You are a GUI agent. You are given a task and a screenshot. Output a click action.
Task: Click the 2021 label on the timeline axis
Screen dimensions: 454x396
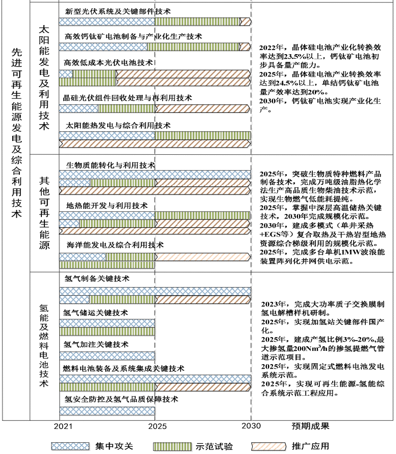point(63,425)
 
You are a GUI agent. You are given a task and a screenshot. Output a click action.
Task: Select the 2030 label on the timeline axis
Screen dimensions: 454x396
point(251,425)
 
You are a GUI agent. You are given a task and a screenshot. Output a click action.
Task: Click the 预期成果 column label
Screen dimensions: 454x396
point(310,425)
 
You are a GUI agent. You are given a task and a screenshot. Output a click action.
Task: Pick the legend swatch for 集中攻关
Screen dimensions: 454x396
point(70,446)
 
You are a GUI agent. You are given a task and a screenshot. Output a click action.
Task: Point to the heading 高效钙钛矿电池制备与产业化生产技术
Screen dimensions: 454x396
point(134,36)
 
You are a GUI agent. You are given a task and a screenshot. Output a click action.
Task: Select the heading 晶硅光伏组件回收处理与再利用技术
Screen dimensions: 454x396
point(127,98)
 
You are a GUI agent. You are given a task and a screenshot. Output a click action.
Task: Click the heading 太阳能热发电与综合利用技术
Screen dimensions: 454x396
point(118,125)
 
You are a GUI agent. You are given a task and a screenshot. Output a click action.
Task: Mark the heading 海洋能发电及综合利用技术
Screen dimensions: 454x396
point(115,245)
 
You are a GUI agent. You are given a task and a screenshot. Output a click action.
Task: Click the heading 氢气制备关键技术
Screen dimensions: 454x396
point(97,279)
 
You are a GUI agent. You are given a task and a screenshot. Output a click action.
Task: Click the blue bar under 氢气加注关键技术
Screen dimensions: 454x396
point(107,355)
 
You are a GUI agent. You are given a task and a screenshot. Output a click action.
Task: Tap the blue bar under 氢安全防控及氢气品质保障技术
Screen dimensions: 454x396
point(107,410)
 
